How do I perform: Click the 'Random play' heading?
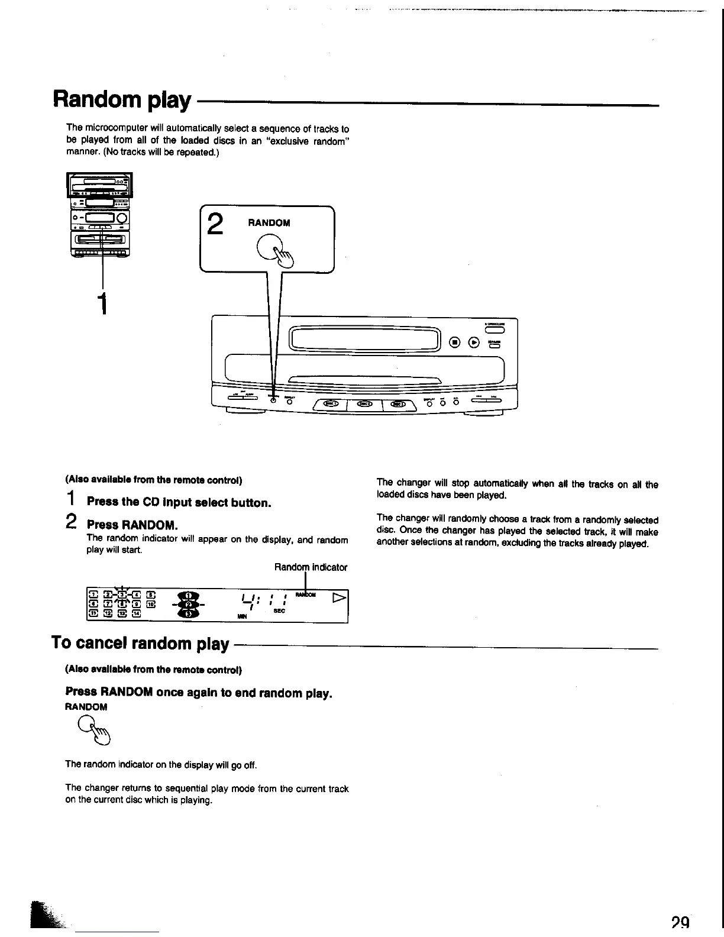pos(122,101)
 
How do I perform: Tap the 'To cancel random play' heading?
pos(140,643)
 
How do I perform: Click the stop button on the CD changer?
pos(454,341)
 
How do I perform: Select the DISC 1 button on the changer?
pos(330,404)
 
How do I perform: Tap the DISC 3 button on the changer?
pos(400,404)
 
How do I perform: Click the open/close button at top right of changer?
pos(494,331)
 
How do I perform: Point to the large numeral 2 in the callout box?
pos(216,225)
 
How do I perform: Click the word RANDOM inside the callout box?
pos(269,223)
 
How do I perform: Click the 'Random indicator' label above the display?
pos(311,567)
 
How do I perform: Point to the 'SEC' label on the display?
pos(279,611)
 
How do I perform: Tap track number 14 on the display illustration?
pos(136,613)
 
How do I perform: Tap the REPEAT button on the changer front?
pos(289,402)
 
